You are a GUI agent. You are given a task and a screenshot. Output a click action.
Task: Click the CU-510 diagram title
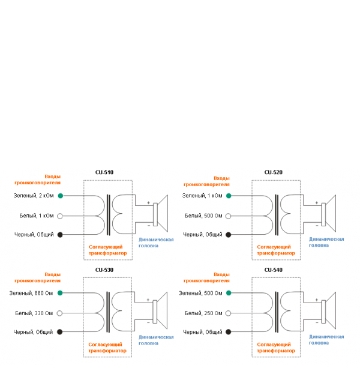coord(104,172)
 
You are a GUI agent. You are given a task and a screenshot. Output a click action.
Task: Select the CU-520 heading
coord(273,172)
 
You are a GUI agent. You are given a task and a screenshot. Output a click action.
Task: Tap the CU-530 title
coord(104,270)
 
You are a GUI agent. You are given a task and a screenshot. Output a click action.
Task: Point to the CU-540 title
coord(273,270)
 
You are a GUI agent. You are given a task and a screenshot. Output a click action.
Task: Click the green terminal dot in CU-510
coord(60,196)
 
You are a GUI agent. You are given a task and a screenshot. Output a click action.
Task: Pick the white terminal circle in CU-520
coord(229,215)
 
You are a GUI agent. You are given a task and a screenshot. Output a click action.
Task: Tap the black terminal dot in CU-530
coord(60,331)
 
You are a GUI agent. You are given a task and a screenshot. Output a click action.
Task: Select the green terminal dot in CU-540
coord(229,293)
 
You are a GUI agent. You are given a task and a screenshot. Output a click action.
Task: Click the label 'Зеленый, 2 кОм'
coord(34,196)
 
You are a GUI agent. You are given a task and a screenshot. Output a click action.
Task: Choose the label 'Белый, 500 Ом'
coord(203,215)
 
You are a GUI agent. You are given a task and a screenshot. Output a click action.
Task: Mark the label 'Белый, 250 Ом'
coord(203,312)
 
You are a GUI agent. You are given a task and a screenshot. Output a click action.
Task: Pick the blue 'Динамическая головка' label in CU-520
coord(326,242)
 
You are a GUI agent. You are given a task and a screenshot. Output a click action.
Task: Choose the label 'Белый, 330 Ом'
coord(35,312)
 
